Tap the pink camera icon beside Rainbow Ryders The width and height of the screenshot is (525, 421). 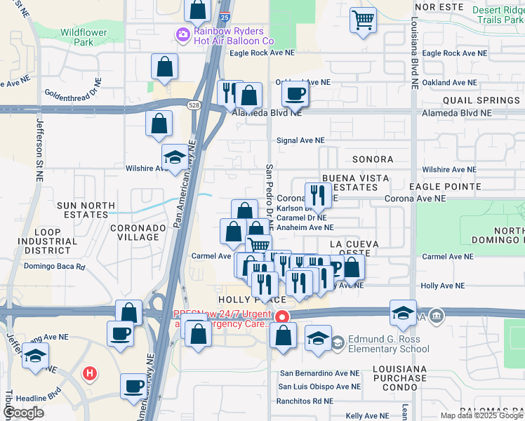pos(183,35)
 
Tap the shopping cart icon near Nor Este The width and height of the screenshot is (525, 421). pos(363,20)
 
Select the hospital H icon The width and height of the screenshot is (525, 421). pos(89,374)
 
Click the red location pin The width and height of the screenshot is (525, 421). pos(282,317)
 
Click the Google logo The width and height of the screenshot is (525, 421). pos(23,413)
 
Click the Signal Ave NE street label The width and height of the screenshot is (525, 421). pos(300,140)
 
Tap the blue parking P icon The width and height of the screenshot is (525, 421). pos(335,267)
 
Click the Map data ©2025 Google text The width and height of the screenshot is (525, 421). pos(481,415)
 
